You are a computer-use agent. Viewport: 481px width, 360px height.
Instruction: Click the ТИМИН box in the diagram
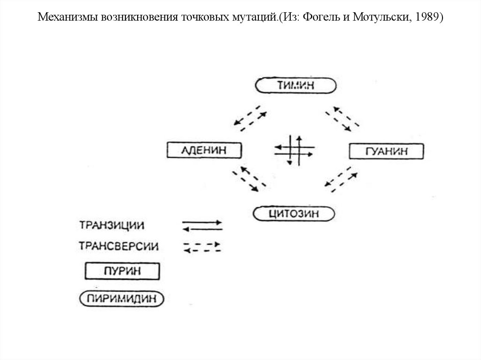coord(296,86)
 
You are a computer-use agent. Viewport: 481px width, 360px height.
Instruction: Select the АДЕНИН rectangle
coord(204,151)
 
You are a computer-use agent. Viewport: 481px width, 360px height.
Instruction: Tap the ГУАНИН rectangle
coord(386,152)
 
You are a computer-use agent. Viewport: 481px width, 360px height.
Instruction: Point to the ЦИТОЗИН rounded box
coord(294,214)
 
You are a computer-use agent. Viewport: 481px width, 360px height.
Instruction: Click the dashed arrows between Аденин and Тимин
coord(250,118)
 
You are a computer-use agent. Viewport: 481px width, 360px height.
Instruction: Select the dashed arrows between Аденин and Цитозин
coord(248,178)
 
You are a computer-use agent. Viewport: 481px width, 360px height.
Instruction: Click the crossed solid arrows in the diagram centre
coord(294,150)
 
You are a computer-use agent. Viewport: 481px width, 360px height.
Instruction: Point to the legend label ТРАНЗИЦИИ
coord(111,225)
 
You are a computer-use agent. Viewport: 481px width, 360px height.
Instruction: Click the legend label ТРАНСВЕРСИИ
coord(119,246)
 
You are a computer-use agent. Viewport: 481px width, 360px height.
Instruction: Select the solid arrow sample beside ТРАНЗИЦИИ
coord(202,225)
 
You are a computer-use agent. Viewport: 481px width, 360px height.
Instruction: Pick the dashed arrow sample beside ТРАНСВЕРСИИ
coord(202,247)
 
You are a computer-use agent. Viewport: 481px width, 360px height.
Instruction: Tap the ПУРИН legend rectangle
coord(122,271)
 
